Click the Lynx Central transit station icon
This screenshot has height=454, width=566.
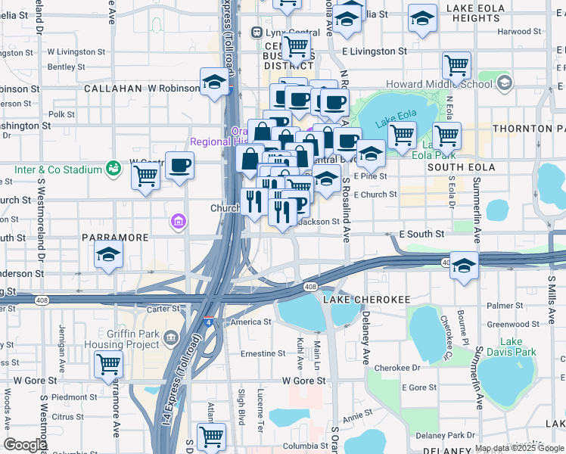click(x=257, y=33)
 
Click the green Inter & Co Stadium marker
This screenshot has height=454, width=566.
click(x=114, y=167)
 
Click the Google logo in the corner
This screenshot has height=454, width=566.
click(x=25, y=445)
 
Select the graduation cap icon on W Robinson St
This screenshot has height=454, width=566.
click(x=215, y=82)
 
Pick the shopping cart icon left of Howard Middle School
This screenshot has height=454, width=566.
click(x=456, y=66)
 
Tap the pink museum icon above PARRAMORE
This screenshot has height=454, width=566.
click(x=179, y=221)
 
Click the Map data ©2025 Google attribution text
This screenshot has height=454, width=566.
click(x=519, y=448)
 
